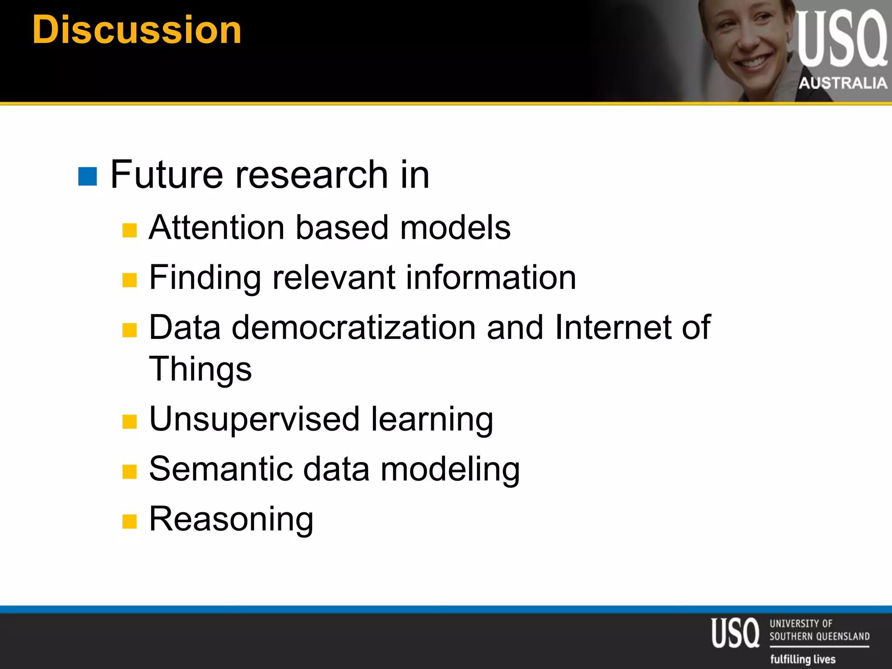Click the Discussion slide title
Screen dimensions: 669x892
click(137, 30)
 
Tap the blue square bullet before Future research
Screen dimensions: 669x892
click(88, 176)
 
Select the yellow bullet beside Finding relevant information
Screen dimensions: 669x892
click(130, 280)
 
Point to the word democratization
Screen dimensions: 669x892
click(354, 328)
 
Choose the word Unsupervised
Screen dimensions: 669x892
click(254, 419)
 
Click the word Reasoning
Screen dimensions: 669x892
click(231, 519)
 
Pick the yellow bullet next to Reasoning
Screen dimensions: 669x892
click(130, 521)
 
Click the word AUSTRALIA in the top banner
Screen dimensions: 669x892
click(843, 83)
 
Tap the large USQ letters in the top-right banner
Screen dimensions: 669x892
click(841, 39)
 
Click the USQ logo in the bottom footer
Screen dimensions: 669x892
click(735, 633)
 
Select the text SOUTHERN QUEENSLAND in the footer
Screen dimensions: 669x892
click(819, 636)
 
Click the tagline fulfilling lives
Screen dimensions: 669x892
click(803, 659)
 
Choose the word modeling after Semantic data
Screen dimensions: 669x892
click(450, 469)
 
